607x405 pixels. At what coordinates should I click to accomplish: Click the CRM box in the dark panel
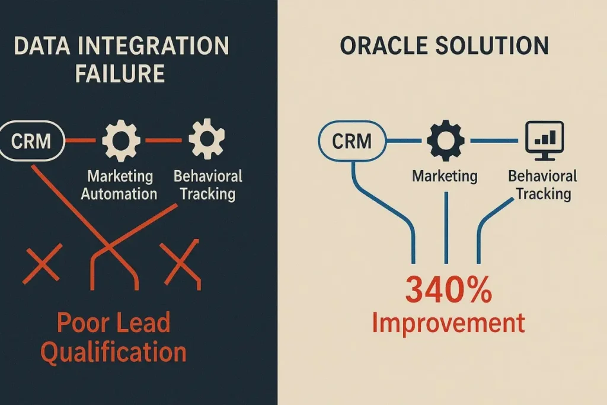point(31,141)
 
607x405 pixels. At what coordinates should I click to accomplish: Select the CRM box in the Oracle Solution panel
point(352,141)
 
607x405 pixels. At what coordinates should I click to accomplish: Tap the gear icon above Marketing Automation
point(121,141)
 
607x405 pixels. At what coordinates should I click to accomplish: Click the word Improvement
point(448,323)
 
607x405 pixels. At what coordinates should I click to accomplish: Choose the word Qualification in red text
point(114,352)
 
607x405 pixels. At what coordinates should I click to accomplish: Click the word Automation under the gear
point(119,194)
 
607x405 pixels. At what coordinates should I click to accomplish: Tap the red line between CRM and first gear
point(80,141)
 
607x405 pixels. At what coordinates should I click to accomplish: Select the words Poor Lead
point(114,323)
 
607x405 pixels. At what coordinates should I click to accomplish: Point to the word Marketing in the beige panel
point(445,176)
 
